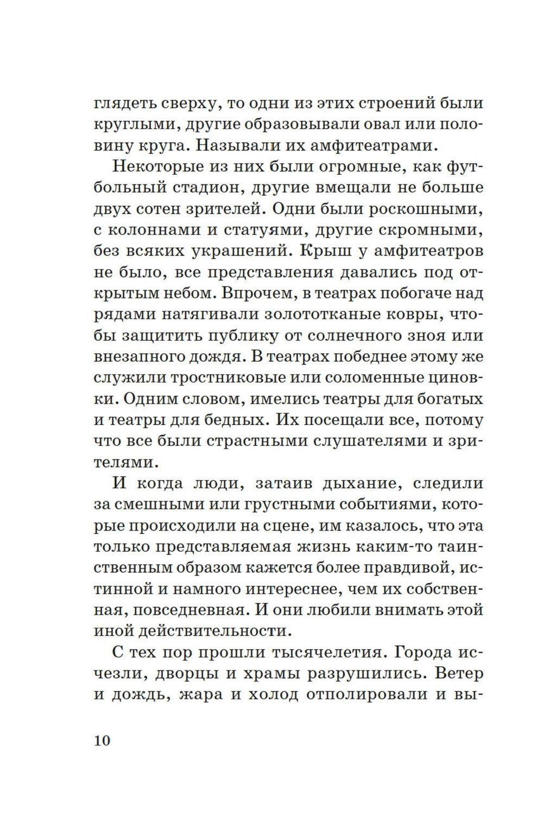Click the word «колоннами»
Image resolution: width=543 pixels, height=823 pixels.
154,231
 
